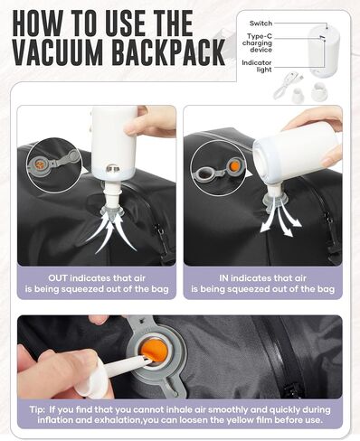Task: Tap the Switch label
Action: click(261, 23)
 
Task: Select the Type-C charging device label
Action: click(257, 43)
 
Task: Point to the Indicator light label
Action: click(257, 66)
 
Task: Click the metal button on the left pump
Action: click(112, 168)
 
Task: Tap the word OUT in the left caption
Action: click(58, 278)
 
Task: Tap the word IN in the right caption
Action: click(223, 278)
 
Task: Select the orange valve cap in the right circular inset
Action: click(234, 166)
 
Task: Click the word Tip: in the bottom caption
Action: click(38, 409)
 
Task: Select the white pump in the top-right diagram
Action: click(324, 50)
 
